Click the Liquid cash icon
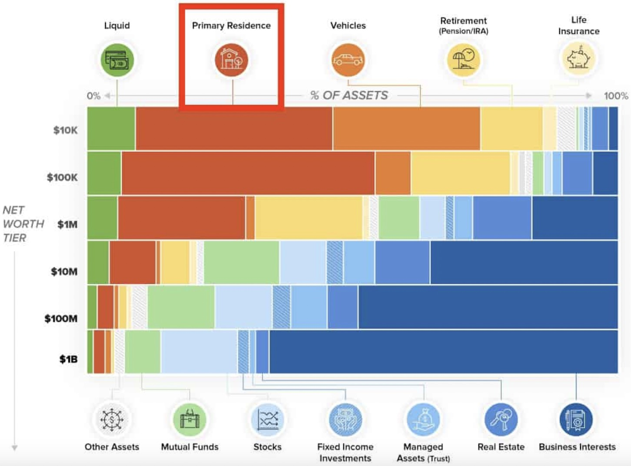point(117,60)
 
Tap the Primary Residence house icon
point(231,60)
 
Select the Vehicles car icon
point(348,60)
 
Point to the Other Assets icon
point(112,420)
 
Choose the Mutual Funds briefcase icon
point(189,420)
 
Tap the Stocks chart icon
point(267,420)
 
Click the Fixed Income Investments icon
point(345,420)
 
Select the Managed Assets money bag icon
point(423,420)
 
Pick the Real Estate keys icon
point(501,420)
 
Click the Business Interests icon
point(576,420)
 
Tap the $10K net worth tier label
point(66,130)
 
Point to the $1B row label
point(69,359)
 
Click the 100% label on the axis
point(616,96)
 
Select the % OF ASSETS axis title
point(349,95)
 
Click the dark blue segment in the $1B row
point(443,352)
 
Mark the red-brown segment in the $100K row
point(248,173)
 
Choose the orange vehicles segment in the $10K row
point(406,128)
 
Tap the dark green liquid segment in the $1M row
point(102,218)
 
